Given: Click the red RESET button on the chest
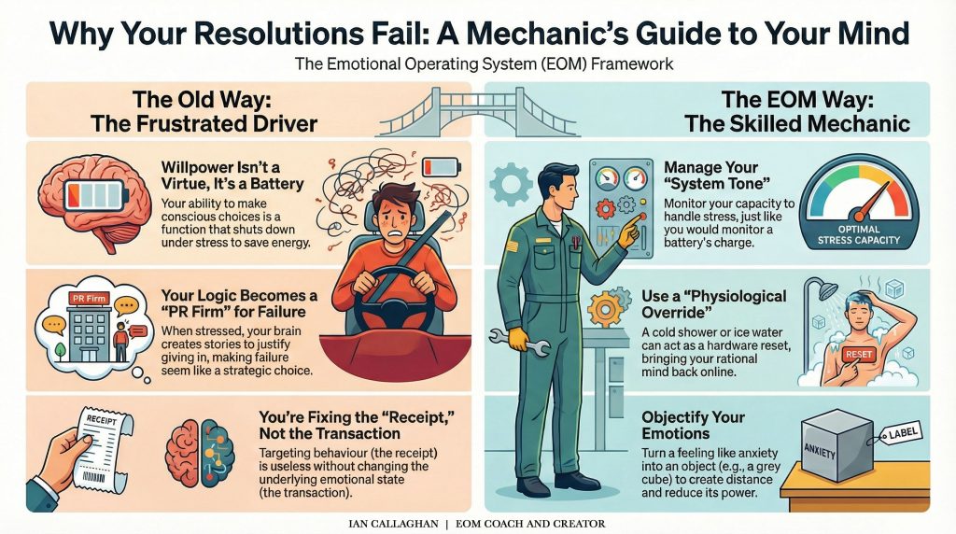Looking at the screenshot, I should [x=830, y=356].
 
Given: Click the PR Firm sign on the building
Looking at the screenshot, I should [x=88, y=299].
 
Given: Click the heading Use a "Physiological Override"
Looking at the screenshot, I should [x=727, y=305].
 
